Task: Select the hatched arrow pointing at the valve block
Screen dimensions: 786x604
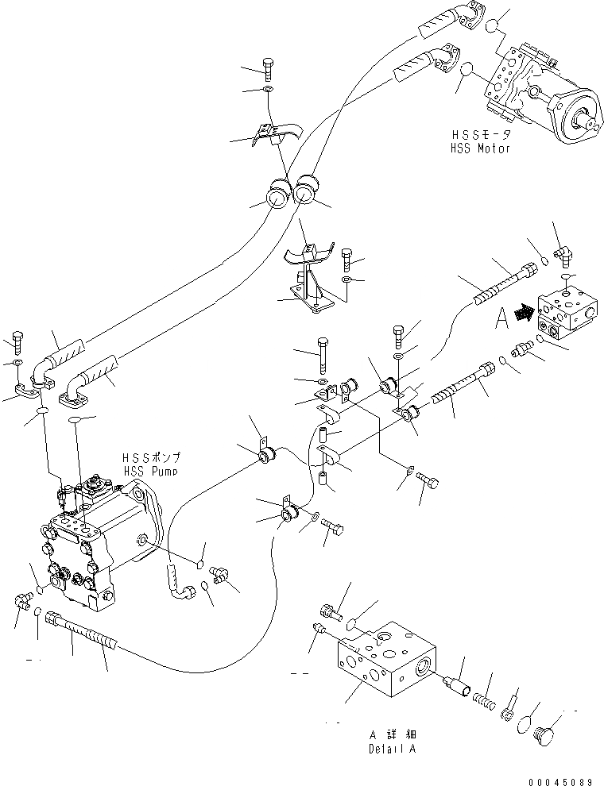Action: (522, 314)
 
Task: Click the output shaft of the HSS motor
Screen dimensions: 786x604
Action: (590, 121)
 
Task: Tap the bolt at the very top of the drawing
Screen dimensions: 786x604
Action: (267, 69)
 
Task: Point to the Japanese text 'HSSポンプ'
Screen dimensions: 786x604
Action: (151, 458)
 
